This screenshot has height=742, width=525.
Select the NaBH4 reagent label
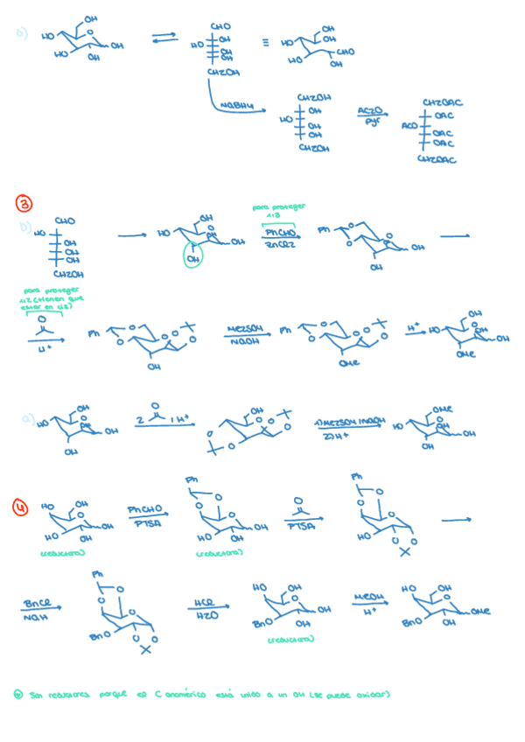click(x=236, y=106)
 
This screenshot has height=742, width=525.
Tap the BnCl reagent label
click(x=36, y=604)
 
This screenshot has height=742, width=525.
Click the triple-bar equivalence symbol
click(x=265, y=41)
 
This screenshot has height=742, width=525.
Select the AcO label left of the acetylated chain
click(x=410, y=126)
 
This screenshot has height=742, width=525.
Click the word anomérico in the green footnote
click(x=183, y=695)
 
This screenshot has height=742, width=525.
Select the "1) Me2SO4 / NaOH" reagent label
click(x=350, y=422)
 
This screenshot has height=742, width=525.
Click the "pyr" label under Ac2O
click(x=372, y=124)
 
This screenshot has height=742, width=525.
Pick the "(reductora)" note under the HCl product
click(x=290, y=640)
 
